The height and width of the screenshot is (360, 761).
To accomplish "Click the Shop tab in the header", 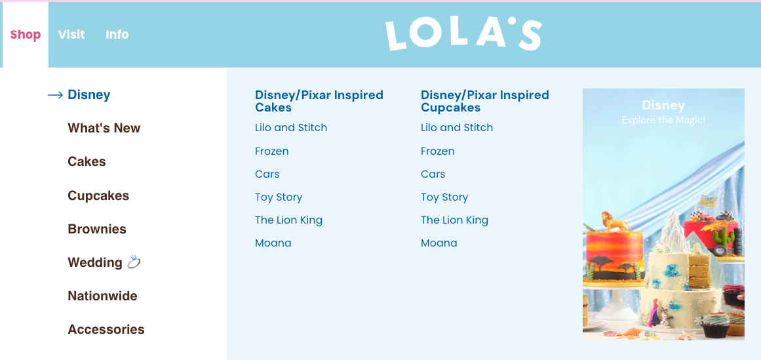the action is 26,35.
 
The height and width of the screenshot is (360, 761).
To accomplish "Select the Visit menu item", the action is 71,35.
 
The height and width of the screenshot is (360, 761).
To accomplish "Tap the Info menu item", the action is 117,35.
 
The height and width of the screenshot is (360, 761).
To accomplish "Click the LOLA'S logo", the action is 463,35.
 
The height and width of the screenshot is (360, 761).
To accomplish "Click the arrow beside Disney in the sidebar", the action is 55,95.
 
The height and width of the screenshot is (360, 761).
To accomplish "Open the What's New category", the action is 104,129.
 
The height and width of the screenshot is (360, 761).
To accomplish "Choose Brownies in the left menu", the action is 97,230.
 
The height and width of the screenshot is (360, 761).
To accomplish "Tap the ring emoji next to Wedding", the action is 134,262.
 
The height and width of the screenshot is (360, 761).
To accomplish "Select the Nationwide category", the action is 102,296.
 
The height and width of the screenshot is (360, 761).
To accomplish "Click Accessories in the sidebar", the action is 106,329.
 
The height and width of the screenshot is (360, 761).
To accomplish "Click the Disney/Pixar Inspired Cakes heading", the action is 319,101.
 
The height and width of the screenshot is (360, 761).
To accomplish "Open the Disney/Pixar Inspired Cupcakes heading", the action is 485,101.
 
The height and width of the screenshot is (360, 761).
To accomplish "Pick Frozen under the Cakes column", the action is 272,151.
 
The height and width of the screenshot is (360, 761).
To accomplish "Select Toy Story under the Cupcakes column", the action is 444,197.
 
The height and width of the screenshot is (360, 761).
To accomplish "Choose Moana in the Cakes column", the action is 273,243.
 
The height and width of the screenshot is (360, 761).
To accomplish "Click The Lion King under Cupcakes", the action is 454,220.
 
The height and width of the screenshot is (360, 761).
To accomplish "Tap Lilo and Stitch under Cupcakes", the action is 457,128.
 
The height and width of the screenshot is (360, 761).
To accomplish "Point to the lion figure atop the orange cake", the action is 614,222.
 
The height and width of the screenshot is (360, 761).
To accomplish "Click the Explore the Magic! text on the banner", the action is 663,120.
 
